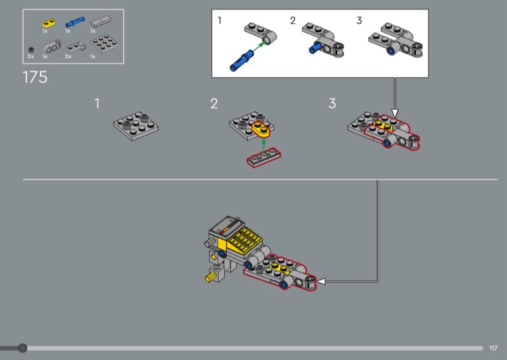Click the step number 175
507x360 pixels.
35,77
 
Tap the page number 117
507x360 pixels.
493,348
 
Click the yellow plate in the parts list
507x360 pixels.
49,23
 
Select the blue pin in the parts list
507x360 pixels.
75,22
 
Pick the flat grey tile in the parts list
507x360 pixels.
101,22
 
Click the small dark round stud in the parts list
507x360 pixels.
31,50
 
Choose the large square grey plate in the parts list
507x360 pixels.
105,43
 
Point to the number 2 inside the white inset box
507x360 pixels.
293,21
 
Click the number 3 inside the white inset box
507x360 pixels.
359,21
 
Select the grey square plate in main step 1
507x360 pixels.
136,126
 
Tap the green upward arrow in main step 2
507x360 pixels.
264,145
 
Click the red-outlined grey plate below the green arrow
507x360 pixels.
264,158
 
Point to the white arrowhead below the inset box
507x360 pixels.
394,113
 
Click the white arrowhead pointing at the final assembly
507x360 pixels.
321,281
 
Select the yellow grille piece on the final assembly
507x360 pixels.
246,239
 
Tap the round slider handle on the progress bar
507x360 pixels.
22,348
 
